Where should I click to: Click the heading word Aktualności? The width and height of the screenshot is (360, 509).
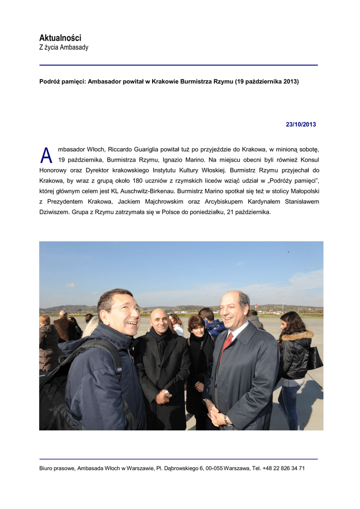pos(60,38)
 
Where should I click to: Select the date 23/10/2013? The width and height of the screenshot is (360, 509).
pos(300,124)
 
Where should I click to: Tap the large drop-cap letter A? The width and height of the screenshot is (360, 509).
pos(46,156)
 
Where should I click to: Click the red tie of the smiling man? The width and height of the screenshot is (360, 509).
pos(228,341)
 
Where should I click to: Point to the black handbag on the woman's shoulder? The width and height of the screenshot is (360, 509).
pos(314,358)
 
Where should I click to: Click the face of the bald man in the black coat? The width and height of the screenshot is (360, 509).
pos(160,322)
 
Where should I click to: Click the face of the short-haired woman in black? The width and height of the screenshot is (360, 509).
pos(197,328)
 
